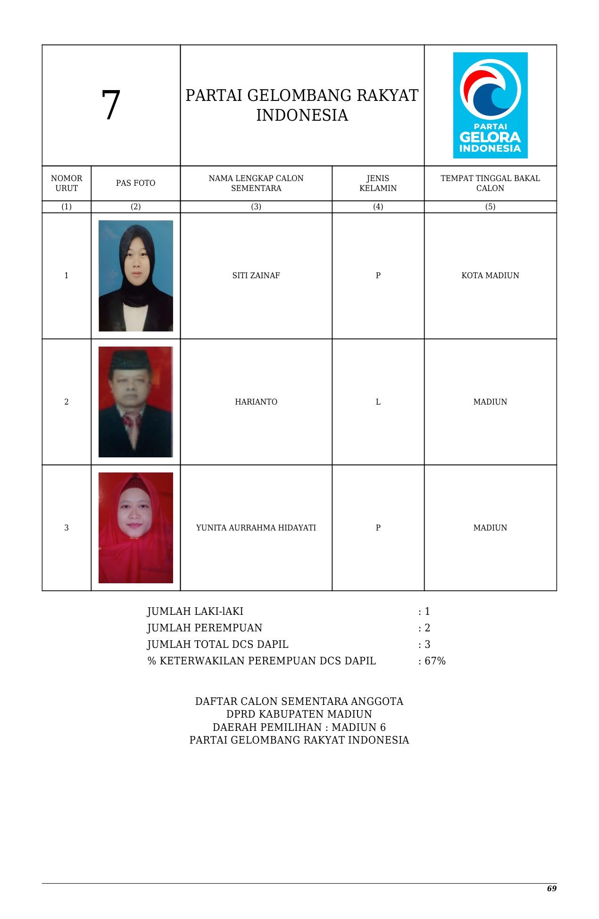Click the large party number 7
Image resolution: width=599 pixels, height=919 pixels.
111,106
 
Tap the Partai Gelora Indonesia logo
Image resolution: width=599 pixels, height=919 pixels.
490,105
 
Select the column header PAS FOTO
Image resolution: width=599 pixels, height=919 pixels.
135,183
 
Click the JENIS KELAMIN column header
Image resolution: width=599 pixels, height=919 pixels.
378,183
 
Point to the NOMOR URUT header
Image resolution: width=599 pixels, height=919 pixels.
67,183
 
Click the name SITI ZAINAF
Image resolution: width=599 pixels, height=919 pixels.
256,276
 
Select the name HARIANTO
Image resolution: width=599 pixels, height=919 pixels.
256,402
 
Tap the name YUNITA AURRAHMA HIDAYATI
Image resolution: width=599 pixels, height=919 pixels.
256,528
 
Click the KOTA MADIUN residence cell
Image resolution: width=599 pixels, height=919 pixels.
490,276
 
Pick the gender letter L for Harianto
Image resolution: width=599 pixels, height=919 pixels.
378,402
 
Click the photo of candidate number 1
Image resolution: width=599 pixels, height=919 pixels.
136,276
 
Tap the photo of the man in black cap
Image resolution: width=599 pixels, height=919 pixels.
136,402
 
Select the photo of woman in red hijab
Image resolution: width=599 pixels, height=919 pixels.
136,528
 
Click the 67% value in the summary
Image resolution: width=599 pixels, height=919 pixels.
435,661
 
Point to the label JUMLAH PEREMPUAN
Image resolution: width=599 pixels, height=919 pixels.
205,628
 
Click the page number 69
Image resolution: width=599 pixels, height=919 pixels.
551,889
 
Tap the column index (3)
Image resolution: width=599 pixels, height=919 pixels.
256,207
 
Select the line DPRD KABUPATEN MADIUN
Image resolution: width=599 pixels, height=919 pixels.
299,714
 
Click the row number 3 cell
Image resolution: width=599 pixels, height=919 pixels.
67,528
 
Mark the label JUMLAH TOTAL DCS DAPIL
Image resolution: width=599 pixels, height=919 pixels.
218,645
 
